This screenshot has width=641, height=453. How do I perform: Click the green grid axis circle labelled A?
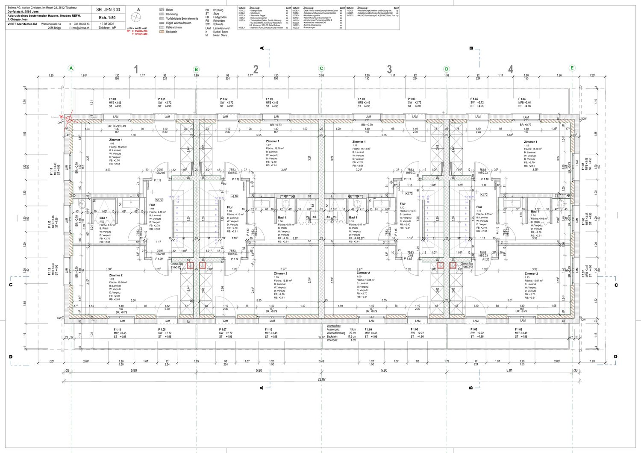tap(71, 68)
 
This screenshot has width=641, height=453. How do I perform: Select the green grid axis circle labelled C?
tap(321, 68)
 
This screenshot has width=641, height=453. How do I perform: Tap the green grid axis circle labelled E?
tap(572, 68)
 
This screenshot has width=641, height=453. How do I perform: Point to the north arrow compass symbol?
tap(136, 17)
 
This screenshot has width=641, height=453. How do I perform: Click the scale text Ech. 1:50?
tap(108, 18)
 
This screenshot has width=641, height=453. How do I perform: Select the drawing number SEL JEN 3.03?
tap(108, 9)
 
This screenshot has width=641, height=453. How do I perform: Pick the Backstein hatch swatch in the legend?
tap(162, 32)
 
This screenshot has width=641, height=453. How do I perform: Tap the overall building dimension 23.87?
tap(321, 379)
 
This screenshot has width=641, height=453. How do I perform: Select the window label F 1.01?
tap(113, 99)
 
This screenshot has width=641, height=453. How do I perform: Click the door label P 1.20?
tap(485, 259)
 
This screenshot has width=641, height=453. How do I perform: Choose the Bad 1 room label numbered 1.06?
tap(282, 218)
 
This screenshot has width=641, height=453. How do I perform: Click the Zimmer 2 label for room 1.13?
tap(531, 274)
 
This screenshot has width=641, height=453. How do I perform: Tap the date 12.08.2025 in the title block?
tap(108, 24)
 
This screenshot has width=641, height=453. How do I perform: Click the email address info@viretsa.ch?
tap(81, 27)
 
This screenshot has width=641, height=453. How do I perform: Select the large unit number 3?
tap(389, 70)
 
